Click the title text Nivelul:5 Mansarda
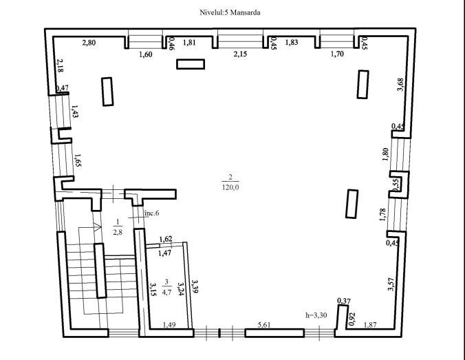[230, 12]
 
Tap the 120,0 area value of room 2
[230, 187]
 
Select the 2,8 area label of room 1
[118, 232]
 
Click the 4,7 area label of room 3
[166, 292]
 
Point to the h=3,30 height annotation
[316, 315]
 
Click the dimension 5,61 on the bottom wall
[264, 325]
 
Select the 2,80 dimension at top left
[89, 43]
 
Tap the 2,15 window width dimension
[240, 54]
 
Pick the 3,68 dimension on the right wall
[400, 85]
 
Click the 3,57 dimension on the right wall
[391, 284]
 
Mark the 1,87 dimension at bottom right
[370, 325]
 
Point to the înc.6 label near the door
[151, 213]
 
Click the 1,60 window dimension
[146, 54]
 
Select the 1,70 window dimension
[337, 54]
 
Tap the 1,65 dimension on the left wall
[78, 160]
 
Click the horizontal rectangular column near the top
[191, 64]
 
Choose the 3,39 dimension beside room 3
[195, 286]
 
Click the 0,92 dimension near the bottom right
[352, 319]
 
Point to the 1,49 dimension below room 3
[169, 325]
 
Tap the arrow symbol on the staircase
[97, 226]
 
